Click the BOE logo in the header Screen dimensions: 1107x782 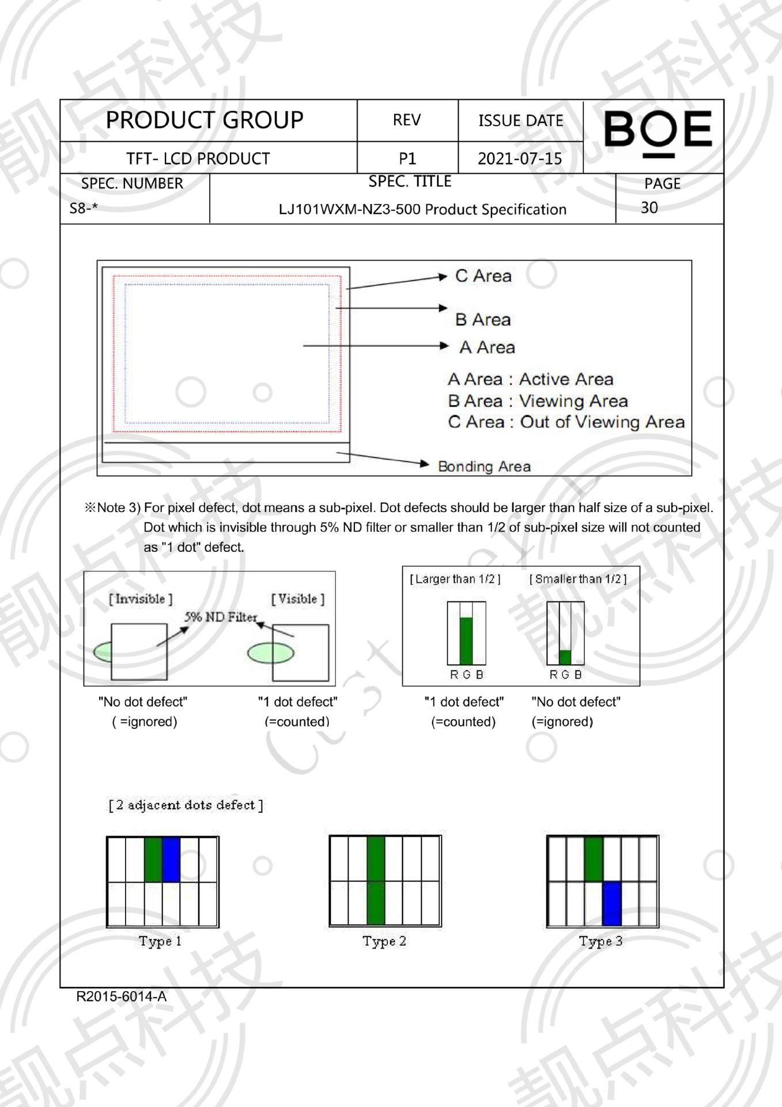658,131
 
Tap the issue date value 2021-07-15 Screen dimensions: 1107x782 520,159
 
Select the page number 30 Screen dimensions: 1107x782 649,208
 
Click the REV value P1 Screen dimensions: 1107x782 407,159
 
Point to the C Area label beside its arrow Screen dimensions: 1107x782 483,276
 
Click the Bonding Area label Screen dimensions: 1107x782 484,466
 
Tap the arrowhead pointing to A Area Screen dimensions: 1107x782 444,346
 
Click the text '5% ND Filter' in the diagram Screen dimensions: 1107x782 221,617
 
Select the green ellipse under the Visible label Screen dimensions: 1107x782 270,653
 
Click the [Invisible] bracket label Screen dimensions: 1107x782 141,599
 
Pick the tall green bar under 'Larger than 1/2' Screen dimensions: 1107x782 466,641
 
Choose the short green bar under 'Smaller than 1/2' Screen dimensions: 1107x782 565,657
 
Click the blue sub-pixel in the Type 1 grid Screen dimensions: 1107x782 171,860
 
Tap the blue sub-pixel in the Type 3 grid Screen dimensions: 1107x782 611,903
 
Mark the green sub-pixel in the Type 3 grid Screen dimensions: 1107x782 594,859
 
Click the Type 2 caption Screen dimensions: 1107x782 384,941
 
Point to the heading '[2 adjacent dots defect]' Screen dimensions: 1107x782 186,805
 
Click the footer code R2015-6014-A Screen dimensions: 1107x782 121,996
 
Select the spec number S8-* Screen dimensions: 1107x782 84,208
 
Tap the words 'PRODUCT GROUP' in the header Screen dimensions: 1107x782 205,120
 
